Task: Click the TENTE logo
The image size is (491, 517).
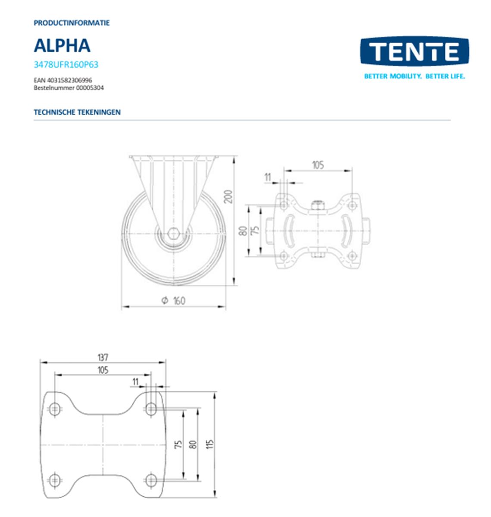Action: pos(414,51)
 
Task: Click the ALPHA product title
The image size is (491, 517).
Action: pos(62,46)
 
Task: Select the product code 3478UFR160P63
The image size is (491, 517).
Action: pos(66,65)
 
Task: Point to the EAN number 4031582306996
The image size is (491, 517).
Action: pos(69,80)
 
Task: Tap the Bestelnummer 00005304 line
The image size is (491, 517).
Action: pos(69,88)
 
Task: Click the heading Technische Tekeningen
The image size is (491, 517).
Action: pos(77,112)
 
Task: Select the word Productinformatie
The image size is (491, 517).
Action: pos(72,23)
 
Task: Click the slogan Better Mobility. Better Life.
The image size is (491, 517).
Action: pos(414,77)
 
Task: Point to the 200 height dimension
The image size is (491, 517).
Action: pos(229,197)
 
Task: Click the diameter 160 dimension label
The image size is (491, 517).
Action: pos(174,301)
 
